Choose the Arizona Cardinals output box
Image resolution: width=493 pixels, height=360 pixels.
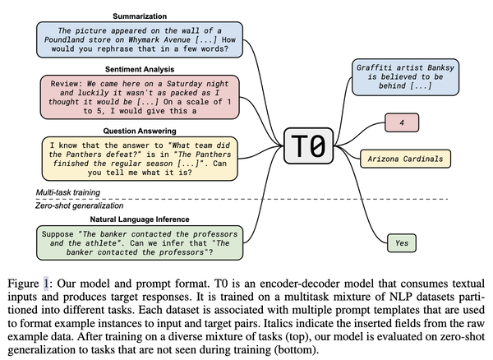click(x=405, y=159)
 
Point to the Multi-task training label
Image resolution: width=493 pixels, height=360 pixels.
click(x=68, y=192)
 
